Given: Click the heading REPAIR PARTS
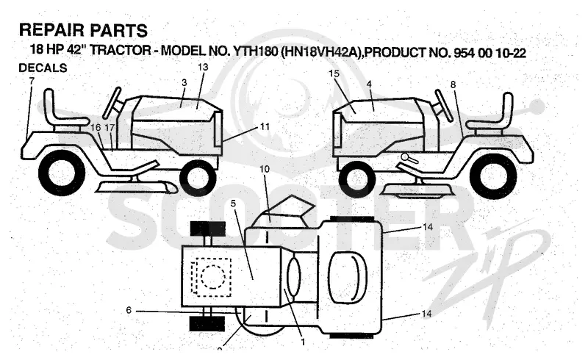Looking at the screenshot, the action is point(83,30).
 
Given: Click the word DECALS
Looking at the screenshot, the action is point(43,68).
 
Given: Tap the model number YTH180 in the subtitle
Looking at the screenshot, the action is point(255,51).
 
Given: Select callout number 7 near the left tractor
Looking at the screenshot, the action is point(32,81).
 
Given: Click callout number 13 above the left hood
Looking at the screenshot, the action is point(203,67).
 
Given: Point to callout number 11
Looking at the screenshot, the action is point(265,127).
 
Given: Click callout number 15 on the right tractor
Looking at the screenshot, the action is point(334,73).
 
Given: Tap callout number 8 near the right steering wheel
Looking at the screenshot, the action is point(453,84).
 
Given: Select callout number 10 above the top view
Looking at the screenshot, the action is point(265,169).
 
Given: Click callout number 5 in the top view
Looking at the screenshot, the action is point(233,204).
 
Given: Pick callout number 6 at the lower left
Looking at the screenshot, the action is point(129,310).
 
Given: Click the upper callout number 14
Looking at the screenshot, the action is point(428,227).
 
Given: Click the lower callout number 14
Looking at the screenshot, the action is point(427,314).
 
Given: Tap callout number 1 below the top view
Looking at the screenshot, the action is point(303,342).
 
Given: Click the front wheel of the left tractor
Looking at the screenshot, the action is point(198,178).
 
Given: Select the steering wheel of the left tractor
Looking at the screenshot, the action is point(112,102).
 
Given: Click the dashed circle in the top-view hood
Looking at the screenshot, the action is point(213,278).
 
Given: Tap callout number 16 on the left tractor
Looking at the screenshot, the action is point(96,128).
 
